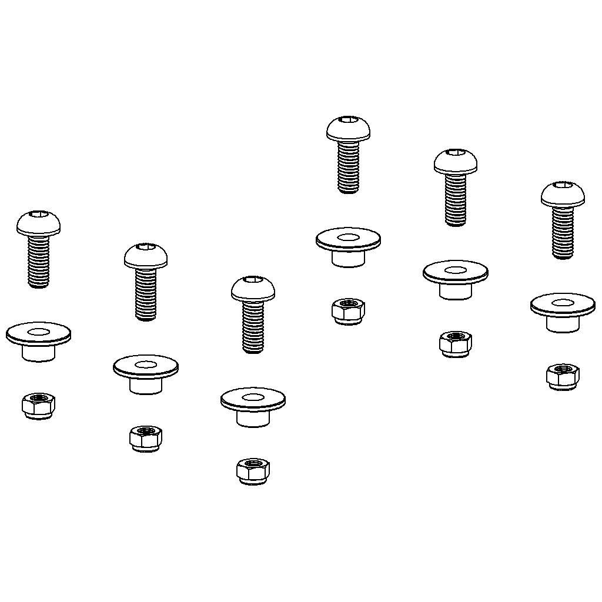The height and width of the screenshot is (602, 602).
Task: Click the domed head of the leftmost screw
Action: point(39,223)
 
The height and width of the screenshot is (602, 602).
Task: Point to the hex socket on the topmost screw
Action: point(349,121)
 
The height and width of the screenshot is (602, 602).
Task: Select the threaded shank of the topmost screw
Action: point(349,167)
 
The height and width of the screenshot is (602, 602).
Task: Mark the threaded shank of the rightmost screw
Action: point(563,233)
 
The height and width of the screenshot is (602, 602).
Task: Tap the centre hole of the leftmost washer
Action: point(39,332)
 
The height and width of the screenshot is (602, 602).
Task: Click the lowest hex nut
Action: point(253,470)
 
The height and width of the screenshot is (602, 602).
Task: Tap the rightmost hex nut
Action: point(563,375)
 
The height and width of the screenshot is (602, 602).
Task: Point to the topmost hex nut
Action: point(348,310)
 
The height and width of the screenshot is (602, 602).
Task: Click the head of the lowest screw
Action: point(253,289)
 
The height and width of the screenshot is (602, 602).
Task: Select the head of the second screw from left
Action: point(146,256)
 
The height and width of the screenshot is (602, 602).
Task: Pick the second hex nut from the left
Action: point(146,438)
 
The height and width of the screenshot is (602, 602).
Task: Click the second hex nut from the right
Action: point(456,343)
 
